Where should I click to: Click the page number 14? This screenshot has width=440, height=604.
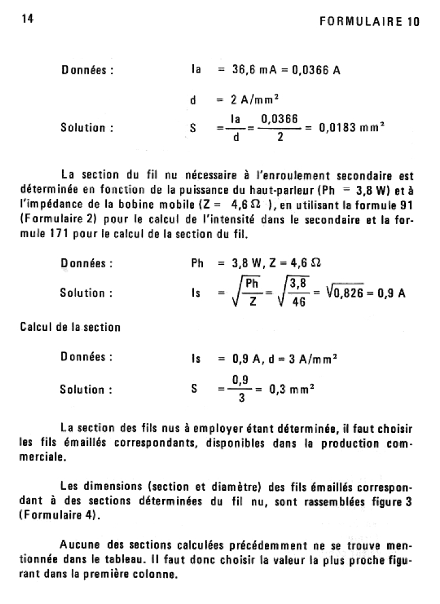(27, 19)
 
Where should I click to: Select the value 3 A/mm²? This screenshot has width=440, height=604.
(314, 357)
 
